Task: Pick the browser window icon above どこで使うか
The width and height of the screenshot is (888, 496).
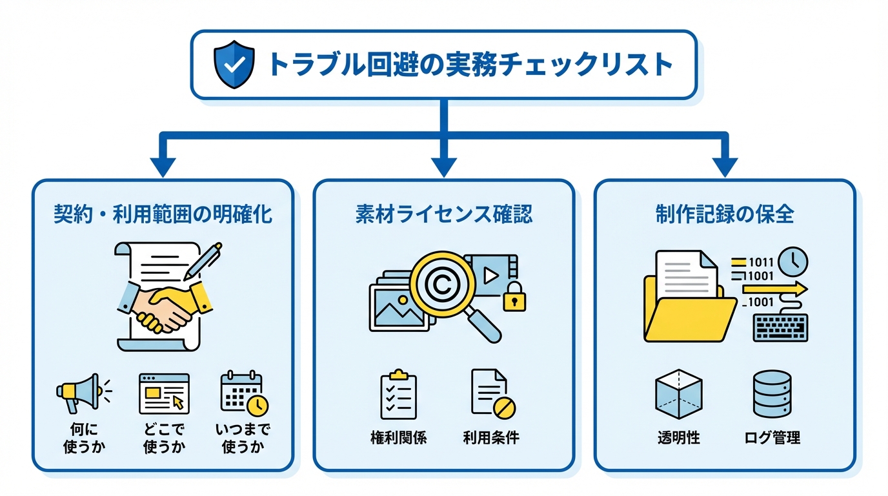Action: click(x=164, y=393)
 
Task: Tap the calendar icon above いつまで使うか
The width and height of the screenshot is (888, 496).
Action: click(x=244, y=393)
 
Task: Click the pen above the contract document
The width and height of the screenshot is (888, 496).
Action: click(x=203, y=261)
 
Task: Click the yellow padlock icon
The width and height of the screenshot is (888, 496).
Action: click(x=514, y=298)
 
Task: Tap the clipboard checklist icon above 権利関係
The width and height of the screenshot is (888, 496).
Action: click(x=398, y=395)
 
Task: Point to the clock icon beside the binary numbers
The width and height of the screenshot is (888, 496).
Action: click(x=793, y=261)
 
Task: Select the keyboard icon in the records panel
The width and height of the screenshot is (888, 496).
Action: click(x=780, y=327)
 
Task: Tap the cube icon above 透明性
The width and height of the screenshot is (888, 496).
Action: click(x=678, y=394)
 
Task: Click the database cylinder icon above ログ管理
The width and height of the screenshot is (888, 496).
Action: click(x=772, y=394)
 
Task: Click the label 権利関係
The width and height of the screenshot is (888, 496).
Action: click(x=398, y=437)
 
